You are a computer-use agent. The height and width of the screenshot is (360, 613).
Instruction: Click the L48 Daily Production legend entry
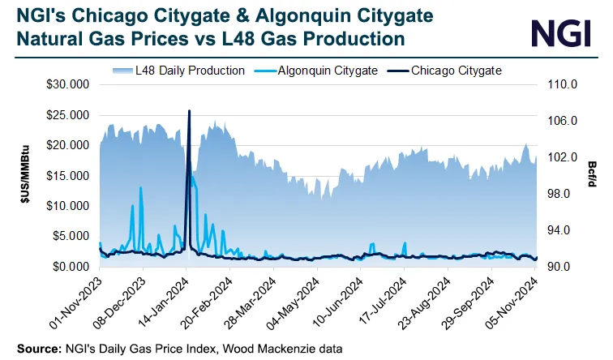tap(175, 71)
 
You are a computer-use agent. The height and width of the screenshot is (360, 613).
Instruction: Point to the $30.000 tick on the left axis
tap(67, 84)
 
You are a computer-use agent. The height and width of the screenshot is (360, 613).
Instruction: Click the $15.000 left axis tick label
tap(67, 175)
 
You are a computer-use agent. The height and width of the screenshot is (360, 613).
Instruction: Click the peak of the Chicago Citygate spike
tap(189, 111)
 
